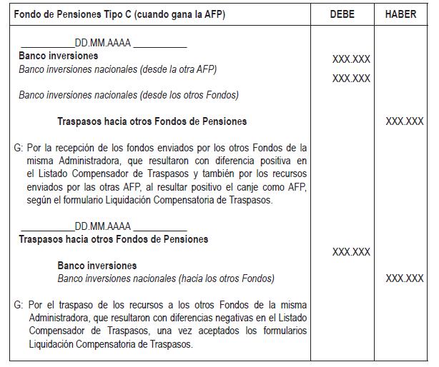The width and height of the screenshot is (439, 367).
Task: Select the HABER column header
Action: point(400,14)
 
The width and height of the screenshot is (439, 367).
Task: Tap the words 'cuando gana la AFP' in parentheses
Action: point(178,14)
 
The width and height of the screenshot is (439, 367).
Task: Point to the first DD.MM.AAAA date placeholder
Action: point(103,44)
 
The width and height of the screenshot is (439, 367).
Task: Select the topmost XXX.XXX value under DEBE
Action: point(351,59)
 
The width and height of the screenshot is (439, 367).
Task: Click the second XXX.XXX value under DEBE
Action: point(351,79)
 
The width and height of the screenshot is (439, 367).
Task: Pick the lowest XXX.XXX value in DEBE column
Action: point(351,252)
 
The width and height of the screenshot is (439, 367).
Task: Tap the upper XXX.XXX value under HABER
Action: point(405,121)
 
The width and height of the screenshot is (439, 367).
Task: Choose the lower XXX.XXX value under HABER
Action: point(405,278)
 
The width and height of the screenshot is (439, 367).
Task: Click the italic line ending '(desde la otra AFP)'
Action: point(118,69)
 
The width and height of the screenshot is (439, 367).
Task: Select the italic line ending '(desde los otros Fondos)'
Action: point(129,94)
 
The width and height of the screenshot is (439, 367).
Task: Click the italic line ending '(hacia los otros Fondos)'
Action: point(166,278)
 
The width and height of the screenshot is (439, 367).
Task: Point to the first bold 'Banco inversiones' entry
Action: point(59,56)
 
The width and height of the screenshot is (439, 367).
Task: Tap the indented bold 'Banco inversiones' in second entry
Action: point(97,266)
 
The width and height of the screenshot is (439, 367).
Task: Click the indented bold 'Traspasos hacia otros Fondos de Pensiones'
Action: point(152,121)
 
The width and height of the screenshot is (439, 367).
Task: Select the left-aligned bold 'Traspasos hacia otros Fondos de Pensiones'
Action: point(114,239)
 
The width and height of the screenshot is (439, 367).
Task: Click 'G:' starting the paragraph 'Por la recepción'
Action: point(19,149)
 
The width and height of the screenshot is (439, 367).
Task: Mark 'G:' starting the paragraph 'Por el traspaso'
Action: point(19,305)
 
